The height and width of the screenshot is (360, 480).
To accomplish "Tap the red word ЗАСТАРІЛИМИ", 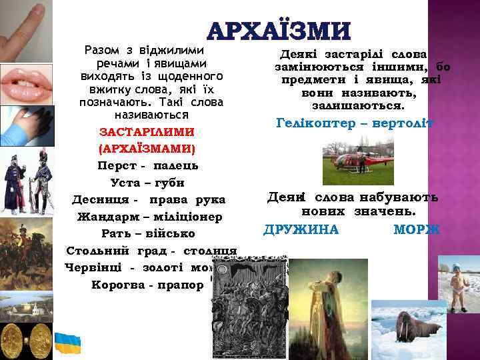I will click(x=146, y=131).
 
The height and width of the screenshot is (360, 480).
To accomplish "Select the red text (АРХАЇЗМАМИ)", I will click(x=146, y=147).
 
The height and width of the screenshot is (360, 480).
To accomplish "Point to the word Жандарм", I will click(x=105, y=217).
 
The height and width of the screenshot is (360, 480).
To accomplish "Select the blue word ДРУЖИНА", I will click(x=301, y=230).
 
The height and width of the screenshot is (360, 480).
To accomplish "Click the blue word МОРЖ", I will click(x=417, y=230).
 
